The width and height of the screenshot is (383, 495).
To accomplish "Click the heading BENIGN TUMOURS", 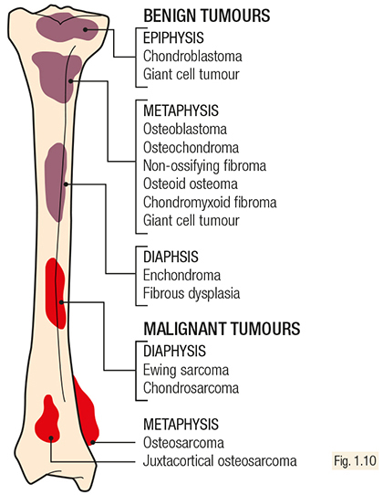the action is (x=207, y=16).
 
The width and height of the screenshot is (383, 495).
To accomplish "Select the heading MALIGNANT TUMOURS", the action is (x=222, y=329).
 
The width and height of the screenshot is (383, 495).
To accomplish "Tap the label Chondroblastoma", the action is (x=192, y=57).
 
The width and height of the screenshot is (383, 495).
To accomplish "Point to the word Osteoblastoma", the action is (x=185, y=129).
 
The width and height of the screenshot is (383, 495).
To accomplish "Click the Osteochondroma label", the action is (x=191, y=147).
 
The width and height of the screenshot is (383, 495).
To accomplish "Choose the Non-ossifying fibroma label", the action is (x=204, y=165).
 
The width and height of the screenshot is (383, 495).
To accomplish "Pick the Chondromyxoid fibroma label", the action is (x=210, y=203).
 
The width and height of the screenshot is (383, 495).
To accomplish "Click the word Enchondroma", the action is (x=181, y=275).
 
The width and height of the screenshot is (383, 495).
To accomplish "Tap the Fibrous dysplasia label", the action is (x=191, y=293).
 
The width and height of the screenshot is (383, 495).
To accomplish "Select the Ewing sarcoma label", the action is (x=186, y=370).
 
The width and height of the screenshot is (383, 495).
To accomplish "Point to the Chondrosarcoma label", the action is (x=191, y=388).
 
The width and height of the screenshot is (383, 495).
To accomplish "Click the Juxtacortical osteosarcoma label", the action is (x=220, y=461).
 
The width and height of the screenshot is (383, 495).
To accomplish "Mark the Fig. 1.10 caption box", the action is (x=355, y=461).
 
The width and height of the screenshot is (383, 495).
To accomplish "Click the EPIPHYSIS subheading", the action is (x=173, y=37).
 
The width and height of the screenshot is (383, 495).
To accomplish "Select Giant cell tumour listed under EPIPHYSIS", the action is (x=191, y=75).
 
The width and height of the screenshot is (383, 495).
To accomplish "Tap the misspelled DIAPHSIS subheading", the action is (x=171, y=257).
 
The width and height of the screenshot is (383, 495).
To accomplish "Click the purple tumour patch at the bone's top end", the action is (x=67, y=28).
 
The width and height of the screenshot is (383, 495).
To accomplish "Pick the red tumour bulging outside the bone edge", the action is (x=87, y=410).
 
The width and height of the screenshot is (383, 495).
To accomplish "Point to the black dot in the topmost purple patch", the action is (x=86, y=29).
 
